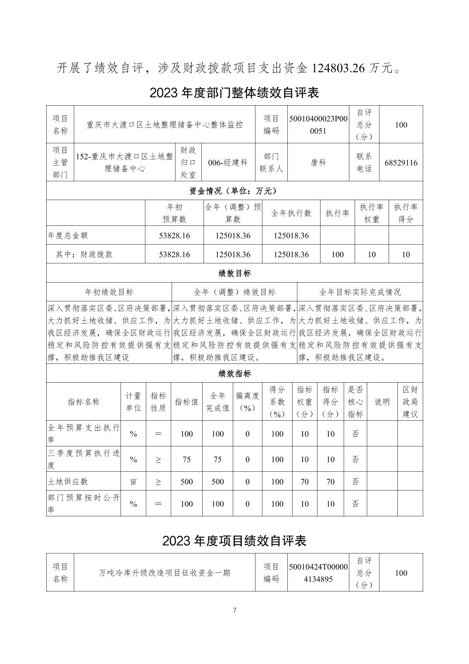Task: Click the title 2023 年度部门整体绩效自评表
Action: [x=234, y=93]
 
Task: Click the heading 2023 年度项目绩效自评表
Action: [x=234, y=541]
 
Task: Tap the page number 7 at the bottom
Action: [x=234, y=610]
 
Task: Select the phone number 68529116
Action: [x=401, y=163]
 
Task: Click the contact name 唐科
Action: [x=318, y=163]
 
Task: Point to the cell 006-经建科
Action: [x=228, y=163]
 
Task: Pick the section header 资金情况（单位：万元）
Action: [x=234, y=191]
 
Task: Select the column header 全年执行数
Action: [x=291, y=213]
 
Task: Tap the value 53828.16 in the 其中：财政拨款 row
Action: [x=174, y=254]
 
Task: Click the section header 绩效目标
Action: [x=234, y=273]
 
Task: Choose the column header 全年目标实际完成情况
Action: [x=360, y=292]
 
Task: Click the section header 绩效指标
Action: [x=234, y=374]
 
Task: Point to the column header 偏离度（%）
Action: [x=248, y=402]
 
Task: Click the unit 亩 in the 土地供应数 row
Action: [x=133, y=481]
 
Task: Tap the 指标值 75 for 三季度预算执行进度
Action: [x=186, y=460]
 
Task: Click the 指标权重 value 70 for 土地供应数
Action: [x=304, y=481]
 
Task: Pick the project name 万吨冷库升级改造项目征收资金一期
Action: [x=165, y=573]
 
